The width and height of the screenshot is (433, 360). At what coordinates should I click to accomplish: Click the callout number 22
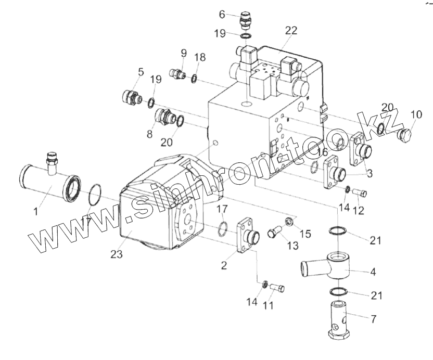coord(291,30)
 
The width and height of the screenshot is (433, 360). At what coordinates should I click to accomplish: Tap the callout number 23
coord(117,255)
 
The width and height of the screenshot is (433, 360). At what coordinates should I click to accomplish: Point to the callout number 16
coord(323,152)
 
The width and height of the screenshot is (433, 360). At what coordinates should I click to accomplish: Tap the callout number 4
coord(374,272)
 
